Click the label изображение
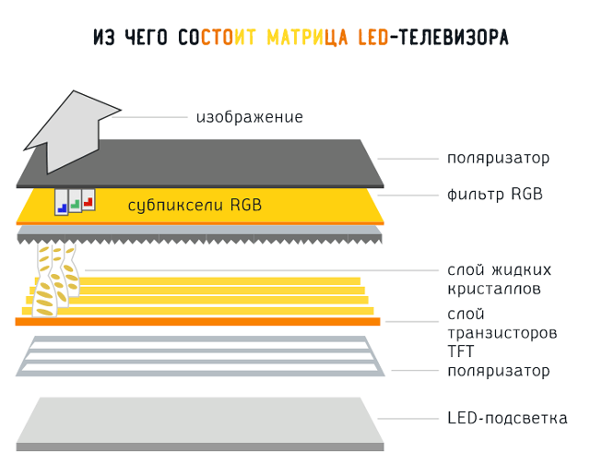[x=249, y=117]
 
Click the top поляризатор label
[x=498, y=158]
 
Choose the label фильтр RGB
[x=494, y=195]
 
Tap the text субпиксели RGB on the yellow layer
[x=195, y=205]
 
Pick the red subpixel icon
[x=88, y=199]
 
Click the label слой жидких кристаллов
[x=499, y=280]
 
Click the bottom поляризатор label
[x=498, y=371]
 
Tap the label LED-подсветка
[x=507, y=419]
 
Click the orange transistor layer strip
[x=198, y=321]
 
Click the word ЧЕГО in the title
[x=147, y=39]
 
